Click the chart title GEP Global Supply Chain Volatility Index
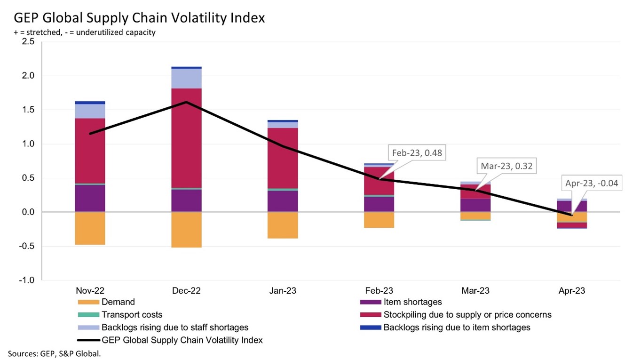pyautogui.click(x=139, y=18)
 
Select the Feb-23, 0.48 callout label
pyautogui.click(x=417, y=153)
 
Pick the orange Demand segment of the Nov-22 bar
pyautogui.click(x=90, y=228)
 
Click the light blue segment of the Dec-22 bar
pyautogui.click(x=187, y=79)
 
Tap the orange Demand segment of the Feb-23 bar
pyautogui.click(x=379, y=220)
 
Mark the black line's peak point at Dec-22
pyautogui.click(x=187, y=102)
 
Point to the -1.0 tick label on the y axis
pyautogui.click(x=27, y=280)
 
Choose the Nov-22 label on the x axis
pyautogui.click(x=90, y=291)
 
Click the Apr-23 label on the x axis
pyautogui.click(x=571, y=291)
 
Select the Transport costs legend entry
pyautogui.click(x=132, y=315)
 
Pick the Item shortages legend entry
pyautogui.click(x=412, y=302)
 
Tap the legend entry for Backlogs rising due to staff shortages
pyautogui.click(x=174, y=327)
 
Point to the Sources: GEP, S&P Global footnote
pyautogui.click(x=54, y=353)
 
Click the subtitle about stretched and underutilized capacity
pyautogui.click(x=85, y=32)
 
